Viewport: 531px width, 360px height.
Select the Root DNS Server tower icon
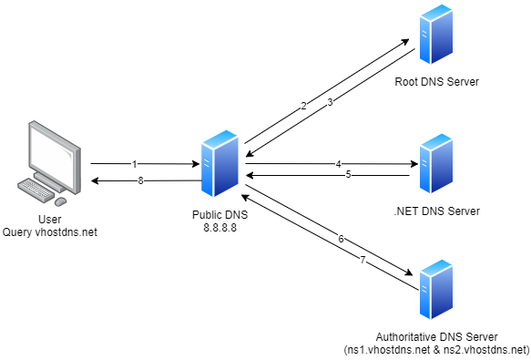436,41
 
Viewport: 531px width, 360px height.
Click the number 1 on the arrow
134,164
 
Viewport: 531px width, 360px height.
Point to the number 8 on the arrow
140,180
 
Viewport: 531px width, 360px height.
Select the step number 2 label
303,106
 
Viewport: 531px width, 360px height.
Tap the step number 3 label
330,102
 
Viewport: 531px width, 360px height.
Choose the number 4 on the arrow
338,164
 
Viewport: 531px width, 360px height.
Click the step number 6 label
341,239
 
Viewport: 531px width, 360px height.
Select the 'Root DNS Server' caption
436,83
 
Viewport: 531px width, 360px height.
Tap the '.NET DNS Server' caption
436,211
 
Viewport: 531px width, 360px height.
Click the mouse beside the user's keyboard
61,200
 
